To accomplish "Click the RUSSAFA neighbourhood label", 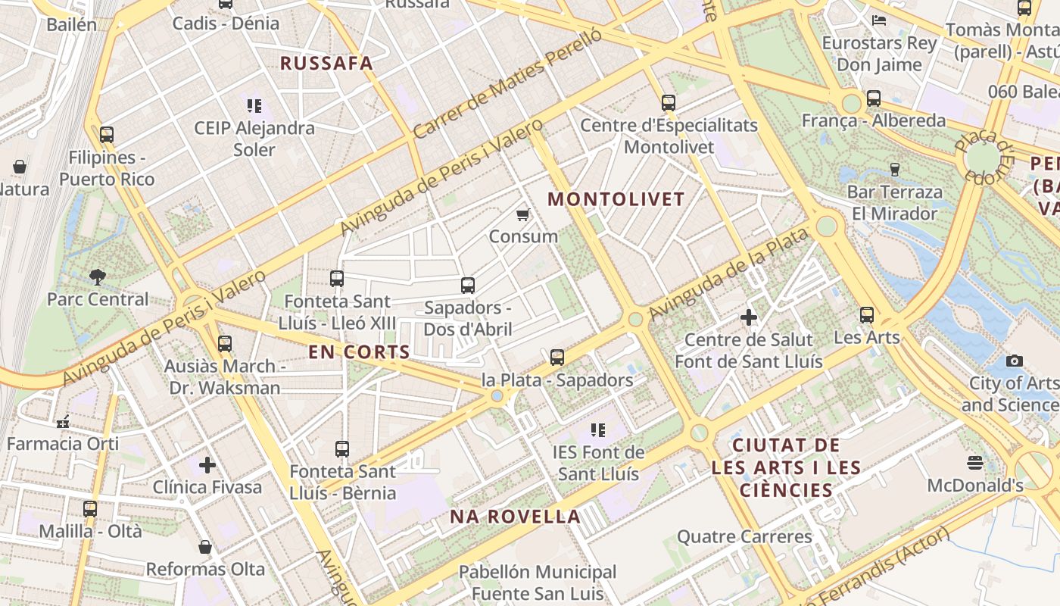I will pyautogui.click(x=327, y=64).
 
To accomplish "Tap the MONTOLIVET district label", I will pyautogui.click(x=616, y=200).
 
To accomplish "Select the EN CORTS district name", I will pyautogui.click(x=359, y=352).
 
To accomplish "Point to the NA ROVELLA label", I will pyautogui.click(x=516, y=517).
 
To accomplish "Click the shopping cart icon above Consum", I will pyautogui.click(x=522, y=215).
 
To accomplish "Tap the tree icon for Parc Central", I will pyautogui.click(x=98, y=277).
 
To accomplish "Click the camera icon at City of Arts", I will pyautogui.click(x=1015, y=361).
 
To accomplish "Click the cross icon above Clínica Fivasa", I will pyautogui.click(x=207, y=464).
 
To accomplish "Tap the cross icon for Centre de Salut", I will pyautogui.click(x=749, y=317).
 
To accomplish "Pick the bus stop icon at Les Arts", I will pyautogui.click(x=867, y=315).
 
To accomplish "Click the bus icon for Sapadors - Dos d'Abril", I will pyautogui.click(x=468, y=286).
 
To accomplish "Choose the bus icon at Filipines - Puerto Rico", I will pyautogui.click(x=107, y=135).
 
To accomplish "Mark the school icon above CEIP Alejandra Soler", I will pyautogui.click(x=254, y=105).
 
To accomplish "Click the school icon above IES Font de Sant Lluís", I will pyautogui.click(x=598, y=430).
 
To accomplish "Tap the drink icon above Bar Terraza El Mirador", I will pyautogui.click(x=895, y=169).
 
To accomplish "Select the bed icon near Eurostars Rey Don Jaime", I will pyautogui.click(x=879, y=20).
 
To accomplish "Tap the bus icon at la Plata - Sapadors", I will pyautogui.click(x=557, y=358).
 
